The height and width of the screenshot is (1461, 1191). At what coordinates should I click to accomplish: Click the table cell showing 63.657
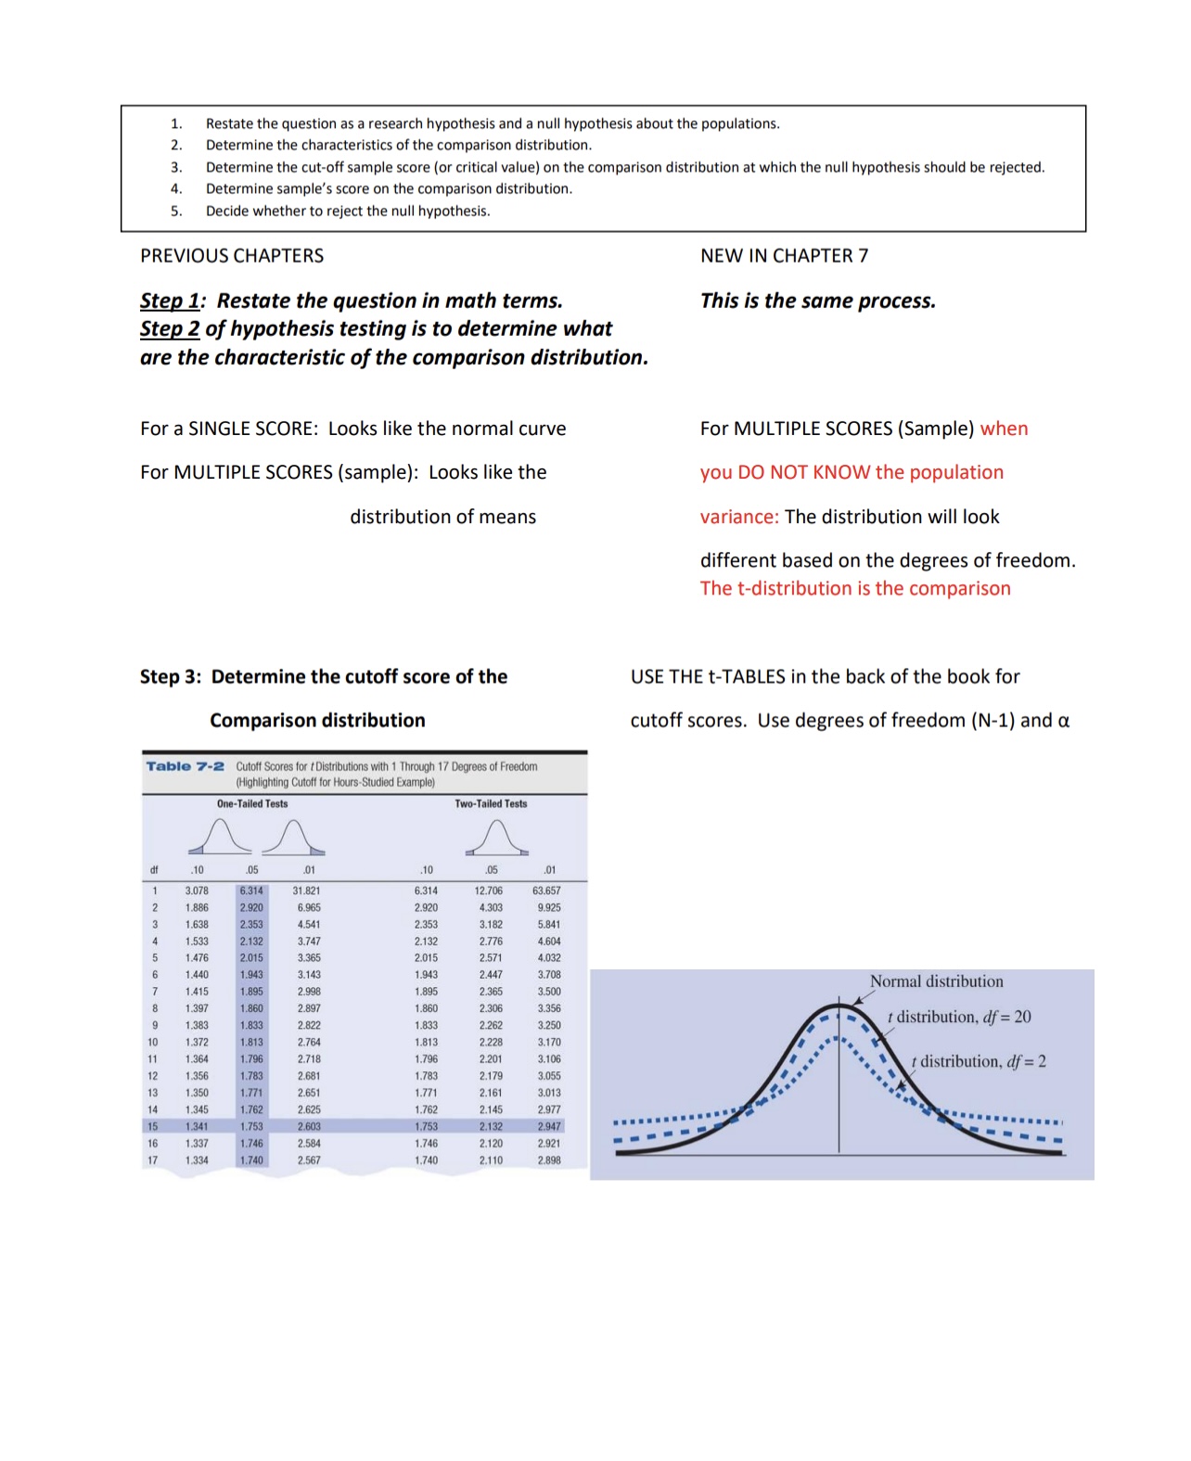pyautogui.click(x=546, y=891)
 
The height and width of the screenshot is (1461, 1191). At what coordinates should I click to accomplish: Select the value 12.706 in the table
pyautogui.click(x=489, y=891)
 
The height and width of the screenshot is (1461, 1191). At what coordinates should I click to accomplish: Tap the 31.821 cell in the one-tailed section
pyautogui.click(x=307, y=891)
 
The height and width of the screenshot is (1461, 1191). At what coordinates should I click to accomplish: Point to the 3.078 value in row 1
pyautogui.click(x=197, y=891)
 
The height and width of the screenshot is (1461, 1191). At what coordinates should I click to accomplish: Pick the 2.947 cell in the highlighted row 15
pyautogui.click(x=549, y=1126)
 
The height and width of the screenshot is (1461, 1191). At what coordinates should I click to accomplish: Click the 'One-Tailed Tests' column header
pyautogui.click(x=252, y=804)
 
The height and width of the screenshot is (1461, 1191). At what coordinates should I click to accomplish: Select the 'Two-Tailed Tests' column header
pyautogui.click(x=491, y=804)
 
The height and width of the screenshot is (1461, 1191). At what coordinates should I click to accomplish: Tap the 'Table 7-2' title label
pyautogui.click(x=185, y=766)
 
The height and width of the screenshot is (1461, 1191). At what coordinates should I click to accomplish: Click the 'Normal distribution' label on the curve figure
pyautogui.click(x=936, y=981)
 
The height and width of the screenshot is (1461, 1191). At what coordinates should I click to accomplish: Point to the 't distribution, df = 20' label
pyautogui.click(x=959, y=1017)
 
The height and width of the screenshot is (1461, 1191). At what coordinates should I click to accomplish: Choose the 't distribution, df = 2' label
pyautogui.click(x=979, y=1061)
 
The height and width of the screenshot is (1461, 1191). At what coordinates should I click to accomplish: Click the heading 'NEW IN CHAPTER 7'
pyautogui.click(x=784, y=256)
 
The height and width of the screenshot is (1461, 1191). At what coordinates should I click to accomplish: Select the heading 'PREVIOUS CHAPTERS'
pyautogui.click(x=232, y=256)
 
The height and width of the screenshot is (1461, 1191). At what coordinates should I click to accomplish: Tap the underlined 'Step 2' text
pyautogui.click(x=170, y=329)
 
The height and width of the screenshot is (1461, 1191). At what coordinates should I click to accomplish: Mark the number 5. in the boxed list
pyautogui.click(x=175, y=211)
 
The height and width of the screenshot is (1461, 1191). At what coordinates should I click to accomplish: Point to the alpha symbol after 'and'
pyautogui.click(x=1063, y=721)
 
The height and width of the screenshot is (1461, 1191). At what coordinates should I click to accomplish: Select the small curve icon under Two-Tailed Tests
pyautogui.click(x=497, y=838)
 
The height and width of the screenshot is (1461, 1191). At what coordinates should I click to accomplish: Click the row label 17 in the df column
pyautogui.click(x=153, y=1160)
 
